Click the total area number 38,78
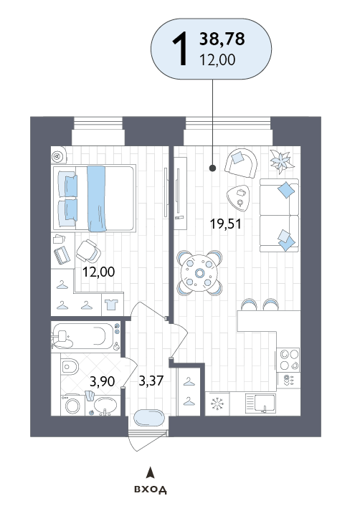tap(222, 39)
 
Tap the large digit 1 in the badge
tap(180, 49)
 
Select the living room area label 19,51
tap(226, 224)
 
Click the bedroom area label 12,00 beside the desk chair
tap(98, 272)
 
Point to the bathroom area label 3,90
tap(102, 381)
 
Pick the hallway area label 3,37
tap(151, 381)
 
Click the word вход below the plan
tap(151, 489)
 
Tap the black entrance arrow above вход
tap(150, 472)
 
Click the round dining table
tap(199, 273)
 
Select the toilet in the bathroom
tap(70, 367)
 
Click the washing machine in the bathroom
tap(72, 405)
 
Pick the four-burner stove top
tap(288, 360)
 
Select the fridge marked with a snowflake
tap(217, 404)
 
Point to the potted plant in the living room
tap(282, 161)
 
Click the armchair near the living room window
tap(241, 163)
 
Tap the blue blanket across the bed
tap(97, 199)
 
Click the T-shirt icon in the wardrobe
tap(111, 305)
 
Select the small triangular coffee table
tap(238, 198)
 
